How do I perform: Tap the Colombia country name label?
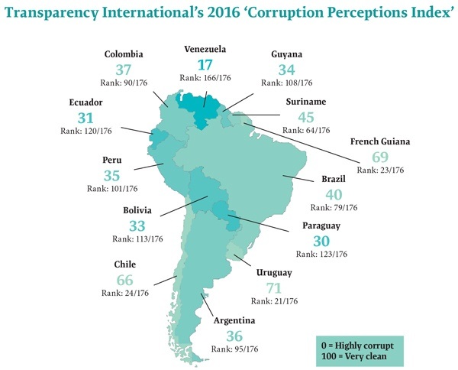coord(123,54)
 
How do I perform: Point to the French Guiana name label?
coord(381,142)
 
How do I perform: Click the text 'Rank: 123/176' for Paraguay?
coord(314,254)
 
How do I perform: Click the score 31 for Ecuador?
coord(87,118)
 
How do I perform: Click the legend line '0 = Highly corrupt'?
coord(362,342)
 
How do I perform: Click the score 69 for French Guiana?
coord(380,157)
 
